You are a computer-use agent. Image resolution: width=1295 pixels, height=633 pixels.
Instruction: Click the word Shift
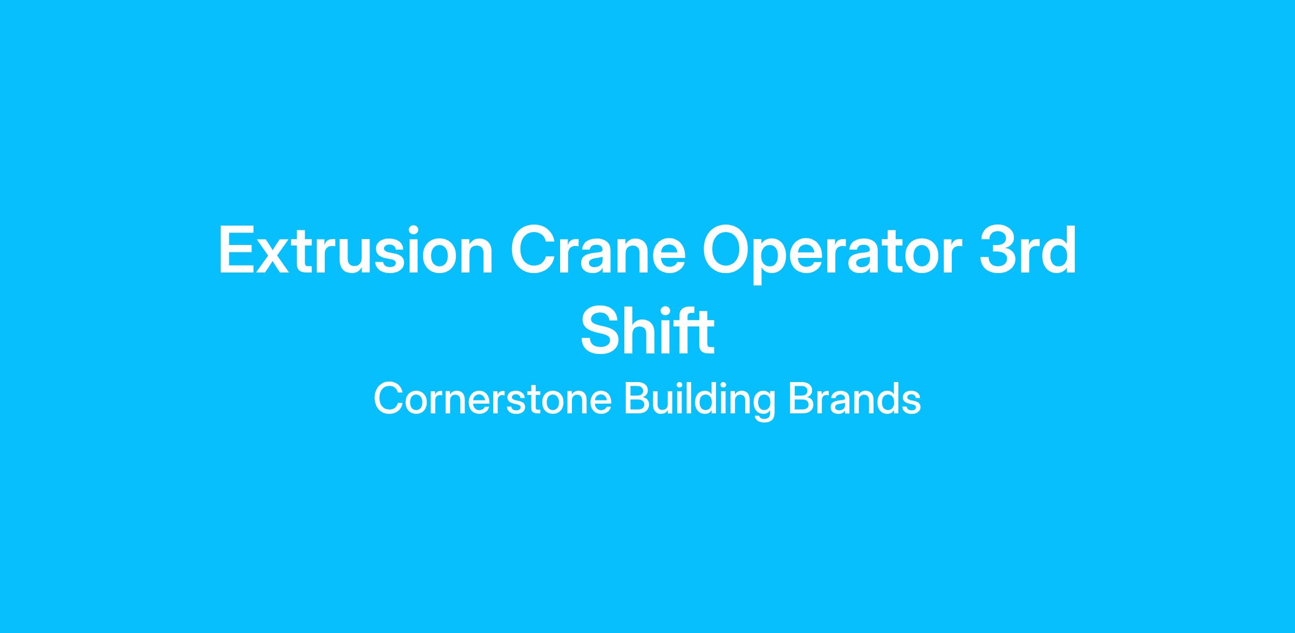tap(647, 330)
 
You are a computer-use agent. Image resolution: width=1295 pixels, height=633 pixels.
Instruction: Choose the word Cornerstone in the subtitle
tap(493, 399)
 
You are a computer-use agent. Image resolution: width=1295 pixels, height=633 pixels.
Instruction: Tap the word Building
tap(700, 400)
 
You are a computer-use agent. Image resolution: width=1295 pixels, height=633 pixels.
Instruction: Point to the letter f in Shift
tap(685, 329)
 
